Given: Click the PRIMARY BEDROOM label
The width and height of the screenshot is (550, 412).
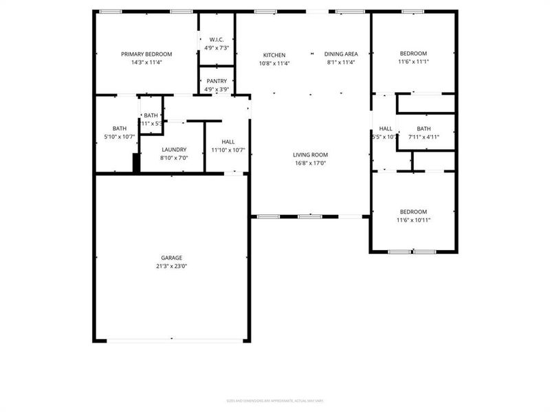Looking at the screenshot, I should [146, 54].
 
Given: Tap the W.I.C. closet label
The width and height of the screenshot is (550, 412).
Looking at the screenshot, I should [217, 40].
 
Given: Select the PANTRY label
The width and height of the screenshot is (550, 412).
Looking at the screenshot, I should [217, 81].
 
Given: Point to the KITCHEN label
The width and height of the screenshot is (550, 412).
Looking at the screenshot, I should [274, 55].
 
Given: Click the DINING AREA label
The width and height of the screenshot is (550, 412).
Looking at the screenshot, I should [341, 54].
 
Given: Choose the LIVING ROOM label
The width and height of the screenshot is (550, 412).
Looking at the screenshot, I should [310, 155].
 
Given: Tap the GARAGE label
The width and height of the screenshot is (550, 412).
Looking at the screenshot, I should [172, 258].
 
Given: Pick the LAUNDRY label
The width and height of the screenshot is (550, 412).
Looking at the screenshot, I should [174, 150].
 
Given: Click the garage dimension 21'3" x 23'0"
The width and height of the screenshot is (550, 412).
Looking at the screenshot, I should [172, 266].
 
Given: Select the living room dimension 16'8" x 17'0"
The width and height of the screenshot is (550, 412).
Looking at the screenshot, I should [310, 163].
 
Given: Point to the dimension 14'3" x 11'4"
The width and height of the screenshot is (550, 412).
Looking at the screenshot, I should [146, 62].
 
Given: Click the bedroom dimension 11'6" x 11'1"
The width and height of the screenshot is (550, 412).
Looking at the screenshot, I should [413, 62].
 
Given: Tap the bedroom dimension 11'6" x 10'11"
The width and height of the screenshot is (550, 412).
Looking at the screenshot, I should [413, 220].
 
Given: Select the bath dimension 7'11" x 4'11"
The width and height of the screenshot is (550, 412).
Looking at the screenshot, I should [423, 137].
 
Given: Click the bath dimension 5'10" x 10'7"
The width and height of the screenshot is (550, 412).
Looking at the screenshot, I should [120, 137].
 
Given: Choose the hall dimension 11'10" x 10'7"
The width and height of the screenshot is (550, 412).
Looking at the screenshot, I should [228, 150].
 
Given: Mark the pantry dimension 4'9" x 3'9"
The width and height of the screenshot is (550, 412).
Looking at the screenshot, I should [217, 89].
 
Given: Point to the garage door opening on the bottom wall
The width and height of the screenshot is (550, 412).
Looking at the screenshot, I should [172, 341].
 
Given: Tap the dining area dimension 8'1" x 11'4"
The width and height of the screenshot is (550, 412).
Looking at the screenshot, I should [341, 62].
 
